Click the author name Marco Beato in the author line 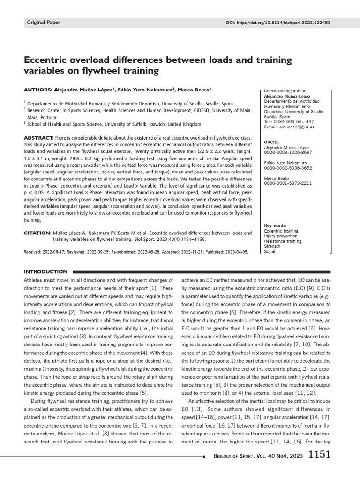point(196,89)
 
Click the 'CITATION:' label point(37,232)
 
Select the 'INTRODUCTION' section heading point(45,271)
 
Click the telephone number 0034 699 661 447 point(289,121)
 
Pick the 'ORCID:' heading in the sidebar point(272,142)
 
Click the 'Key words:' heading point(275,225)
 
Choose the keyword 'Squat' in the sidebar point(270,251)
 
